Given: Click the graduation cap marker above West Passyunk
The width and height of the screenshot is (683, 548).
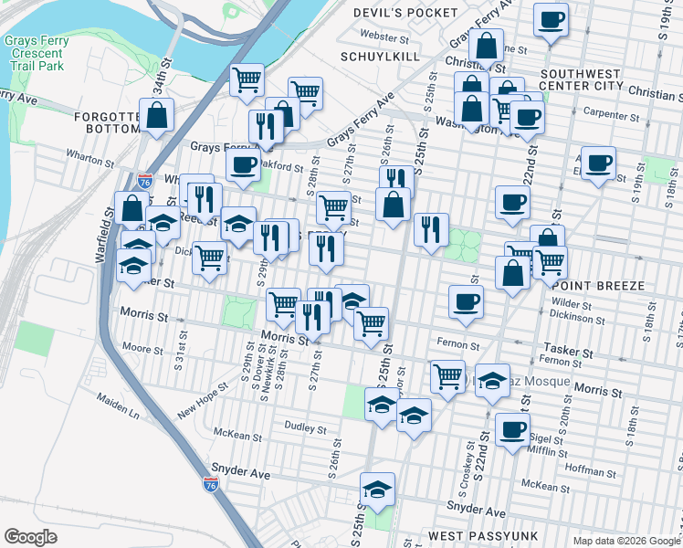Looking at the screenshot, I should point(377,490).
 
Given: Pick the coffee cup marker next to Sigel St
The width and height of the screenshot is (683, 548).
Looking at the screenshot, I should point(512,429).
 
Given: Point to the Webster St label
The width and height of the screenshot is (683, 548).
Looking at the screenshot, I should point(384,38).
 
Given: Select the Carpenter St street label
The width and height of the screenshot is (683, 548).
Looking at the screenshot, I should point(611,116).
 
